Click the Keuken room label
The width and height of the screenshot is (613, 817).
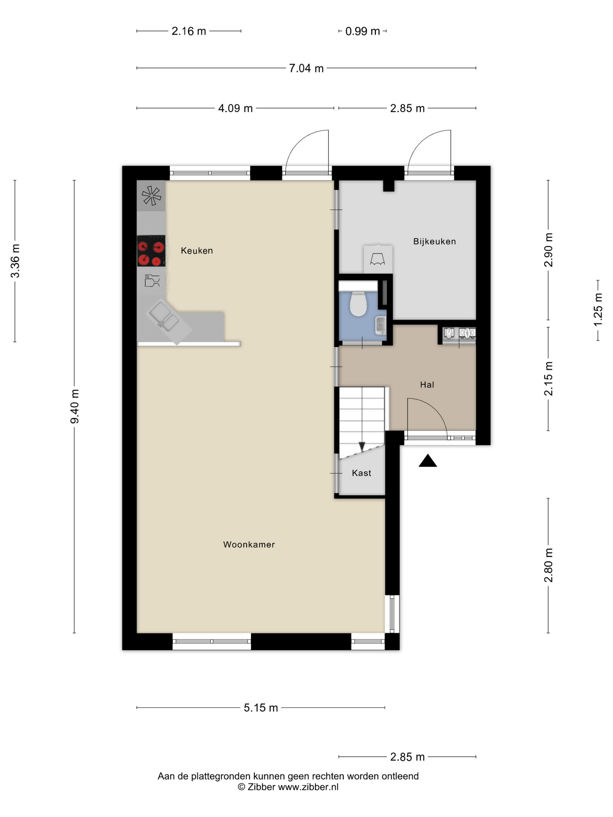click(196, 251)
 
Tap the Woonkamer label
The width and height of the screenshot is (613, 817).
click(249, 544)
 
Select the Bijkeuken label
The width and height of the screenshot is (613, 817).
click(435, 242)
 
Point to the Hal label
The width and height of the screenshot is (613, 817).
click(427, 385)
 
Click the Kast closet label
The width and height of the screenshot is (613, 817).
click(361, 473)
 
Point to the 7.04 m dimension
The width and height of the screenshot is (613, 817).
click(306, 68)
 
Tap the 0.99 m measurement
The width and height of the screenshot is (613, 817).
click(363, 32)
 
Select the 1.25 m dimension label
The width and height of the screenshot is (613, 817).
click(598, 310)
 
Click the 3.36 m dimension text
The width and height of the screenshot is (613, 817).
click(15, 261)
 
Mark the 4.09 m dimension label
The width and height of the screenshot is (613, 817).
click(235, 108)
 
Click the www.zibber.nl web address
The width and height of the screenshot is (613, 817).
click(308, 787)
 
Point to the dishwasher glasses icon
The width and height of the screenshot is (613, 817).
click(152, 281)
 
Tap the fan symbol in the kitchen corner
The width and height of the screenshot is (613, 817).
click(151, 195)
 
